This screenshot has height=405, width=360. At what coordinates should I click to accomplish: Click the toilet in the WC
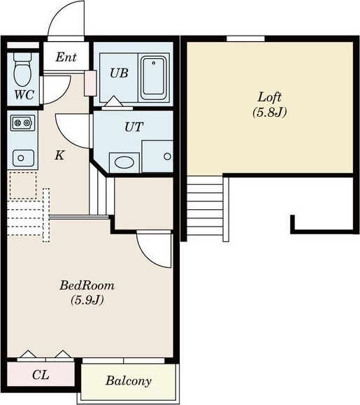(22, 69)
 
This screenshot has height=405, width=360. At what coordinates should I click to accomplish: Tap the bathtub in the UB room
(154, 78)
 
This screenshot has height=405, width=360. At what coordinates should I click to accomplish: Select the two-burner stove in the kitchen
(22, 123)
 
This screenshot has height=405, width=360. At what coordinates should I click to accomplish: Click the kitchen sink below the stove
(23, 158)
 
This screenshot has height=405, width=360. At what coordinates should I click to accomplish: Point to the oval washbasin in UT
(124, 162)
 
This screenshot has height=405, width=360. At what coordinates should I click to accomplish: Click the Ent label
(66, 57)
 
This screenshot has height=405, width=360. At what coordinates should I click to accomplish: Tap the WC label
(24, 94)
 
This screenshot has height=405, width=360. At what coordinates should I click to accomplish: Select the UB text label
(119, 73)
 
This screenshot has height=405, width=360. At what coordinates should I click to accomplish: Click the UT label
(134, 127)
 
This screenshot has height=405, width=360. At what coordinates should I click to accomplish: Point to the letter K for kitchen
(59, 155)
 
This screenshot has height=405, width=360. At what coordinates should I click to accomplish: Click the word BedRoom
(87, 285)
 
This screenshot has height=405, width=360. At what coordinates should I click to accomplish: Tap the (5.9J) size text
(87, 300)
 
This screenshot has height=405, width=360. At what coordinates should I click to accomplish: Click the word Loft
(269, 97)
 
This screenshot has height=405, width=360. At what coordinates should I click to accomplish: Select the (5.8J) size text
(269, 113)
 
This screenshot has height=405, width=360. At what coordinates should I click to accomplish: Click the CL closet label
(41, 375)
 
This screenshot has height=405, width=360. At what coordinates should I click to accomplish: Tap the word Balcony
(128, 381)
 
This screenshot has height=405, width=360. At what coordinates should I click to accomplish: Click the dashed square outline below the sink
(23, 185)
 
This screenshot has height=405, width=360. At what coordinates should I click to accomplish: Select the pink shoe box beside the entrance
(90, 83)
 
